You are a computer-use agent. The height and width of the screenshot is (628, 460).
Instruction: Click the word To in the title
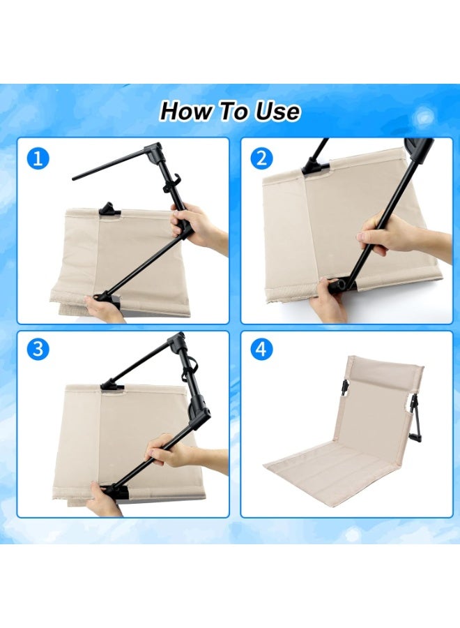pyautogui.click(x=231, y=111)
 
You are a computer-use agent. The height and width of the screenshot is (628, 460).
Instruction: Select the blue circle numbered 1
pyautogui.click(x=39, y=158)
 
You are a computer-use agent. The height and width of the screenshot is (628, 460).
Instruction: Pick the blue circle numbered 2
pyautogui.click(x=261, y=158)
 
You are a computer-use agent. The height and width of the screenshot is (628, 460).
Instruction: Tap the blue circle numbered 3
pyautogui.click(x=39, y=350)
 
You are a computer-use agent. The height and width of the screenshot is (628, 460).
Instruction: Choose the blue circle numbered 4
pyautogui.click(x=261, y=350)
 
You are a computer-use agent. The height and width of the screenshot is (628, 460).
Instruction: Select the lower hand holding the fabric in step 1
pyautogui.click(x=102, y=308)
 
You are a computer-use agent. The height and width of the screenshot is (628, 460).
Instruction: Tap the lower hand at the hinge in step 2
pyautogui.click(x=328, y=298)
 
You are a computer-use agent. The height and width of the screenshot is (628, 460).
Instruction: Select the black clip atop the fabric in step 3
pyautogui.click(x=112, y=384)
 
